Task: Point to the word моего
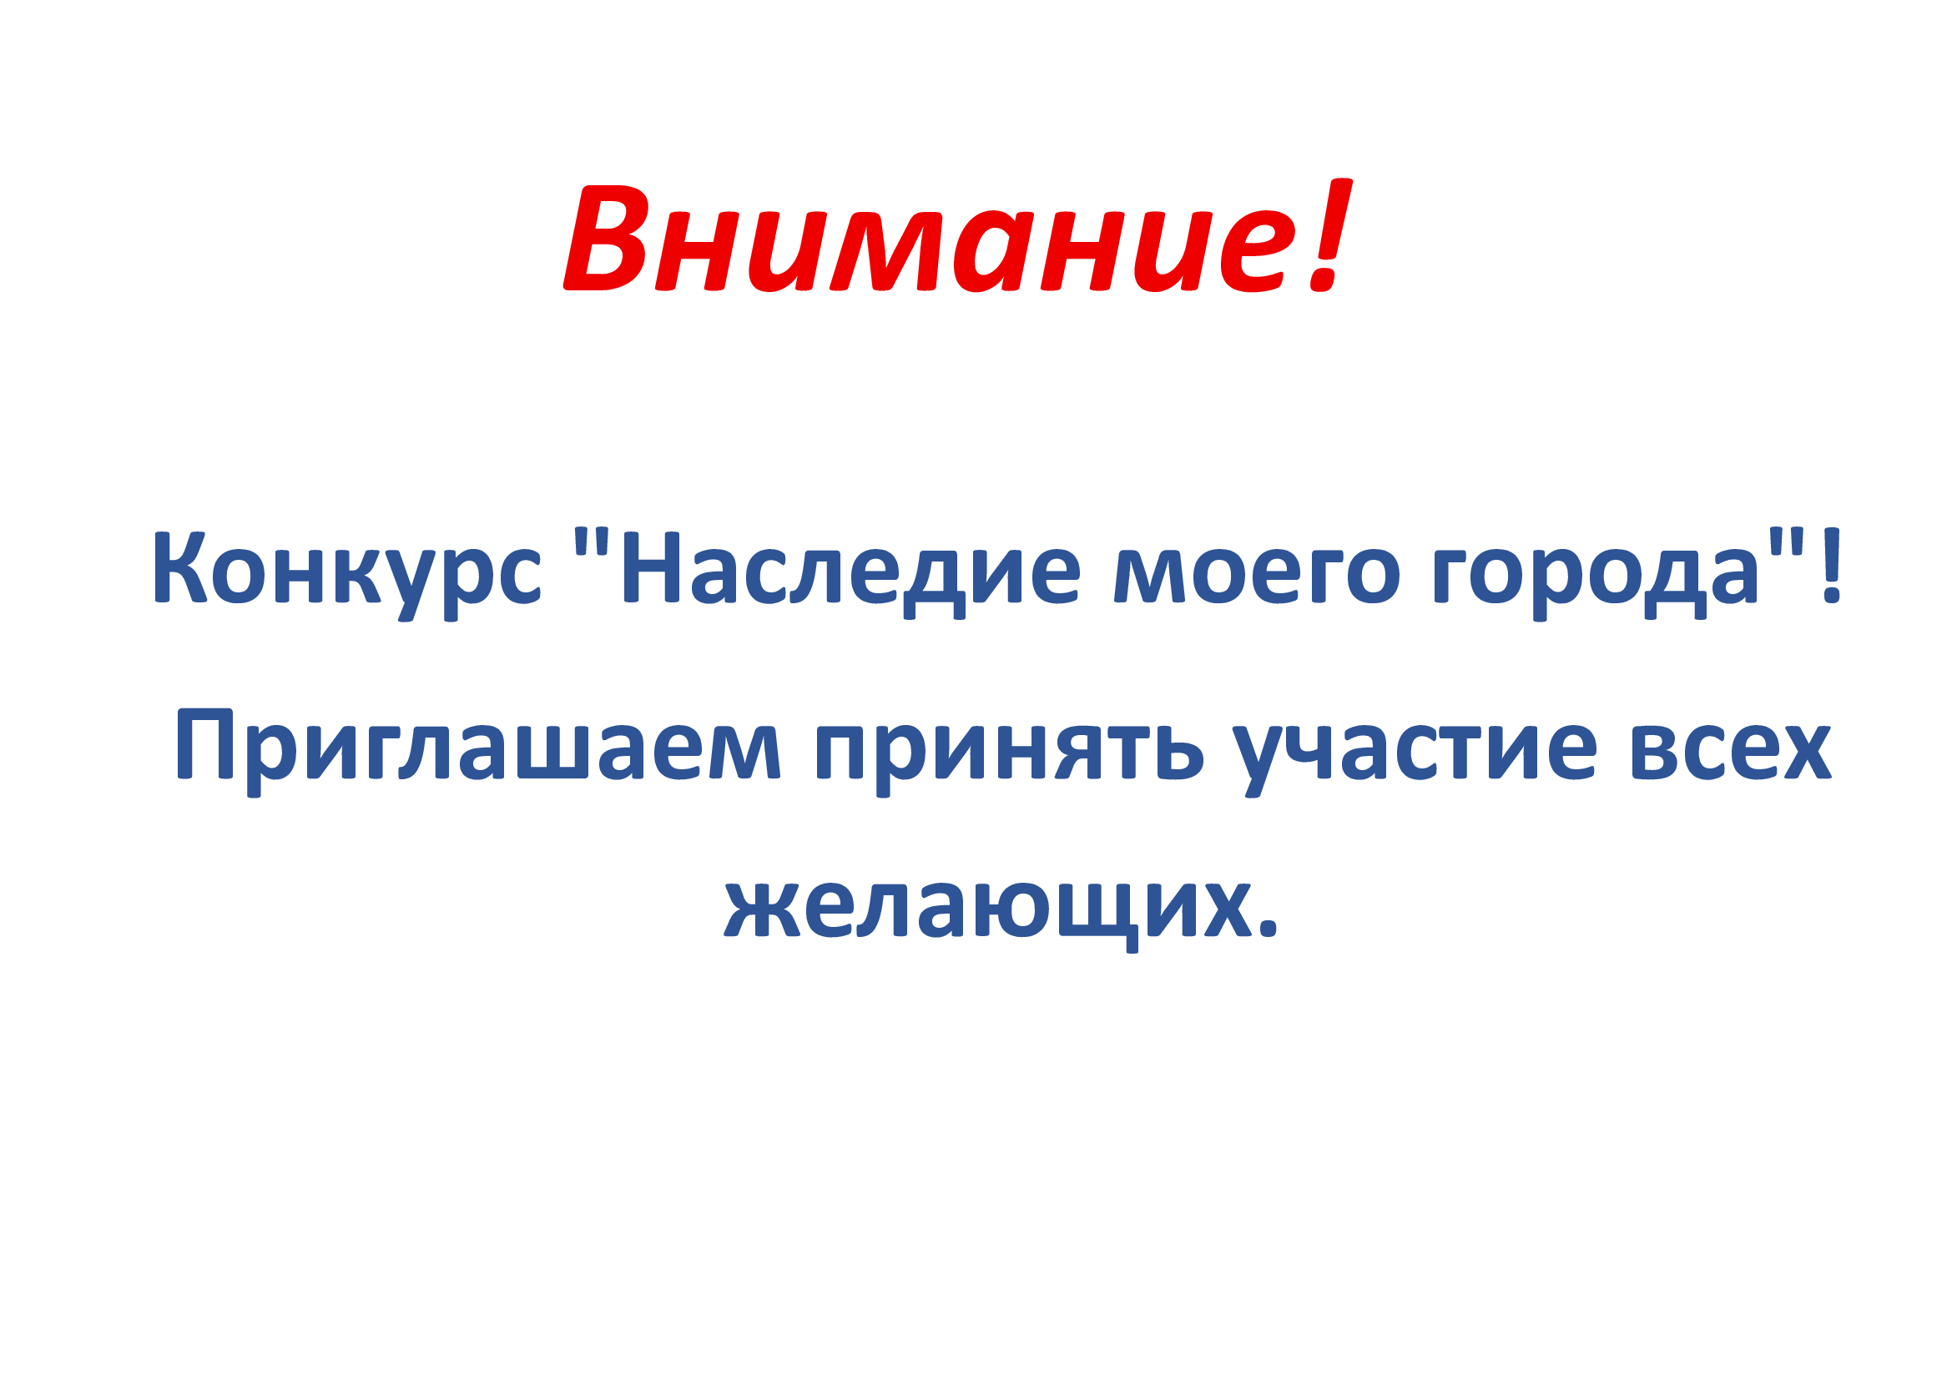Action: [1258, 577]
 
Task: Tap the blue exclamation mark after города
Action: [1832, 565]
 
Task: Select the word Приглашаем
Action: [478, 753]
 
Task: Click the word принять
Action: [1010, 761]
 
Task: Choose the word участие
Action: [1415, 761]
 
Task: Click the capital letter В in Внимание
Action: [605, 239]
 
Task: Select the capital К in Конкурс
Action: [181, 567]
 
